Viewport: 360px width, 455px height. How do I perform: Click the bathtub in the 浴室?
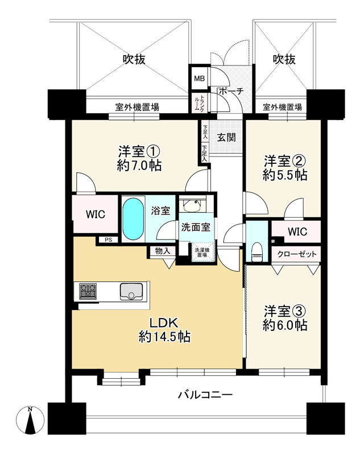(133, 219)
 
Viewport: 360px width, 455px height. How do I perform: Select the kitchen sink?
(131, 291)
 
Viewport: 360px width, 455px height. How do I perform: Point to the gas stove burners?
(88, 291)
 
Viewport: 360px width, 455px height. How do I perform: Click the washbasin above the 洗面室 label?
(192, 205)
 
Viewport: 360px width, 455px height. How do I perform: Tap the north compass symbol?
(30, 420)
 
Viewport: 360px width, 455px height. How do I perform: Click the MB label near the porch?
(199, 78)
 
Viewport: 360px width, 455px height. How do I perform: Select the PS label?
(108, 240)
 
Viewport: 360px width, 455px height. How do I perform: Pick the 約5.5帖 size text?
(285, 175)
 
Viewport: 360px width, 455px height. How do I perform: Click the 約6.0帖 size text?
(285, 325)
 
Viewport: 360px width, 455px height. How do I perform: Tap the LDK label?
(163, 322)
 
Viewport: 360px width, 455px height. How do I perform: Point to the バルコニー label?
(205, 395)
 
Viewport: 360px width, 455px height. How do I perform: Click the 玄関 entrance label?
(226, 137)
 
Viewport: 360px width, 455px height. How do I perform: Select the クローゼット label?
(297, 254)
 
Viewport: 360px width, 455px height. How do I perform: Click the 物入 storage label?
(163, 251)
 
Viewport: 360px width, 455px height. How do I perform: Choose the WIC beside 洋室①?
(96, 214)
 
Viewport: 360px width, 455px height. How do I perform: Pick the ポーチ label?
(231, 91)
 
